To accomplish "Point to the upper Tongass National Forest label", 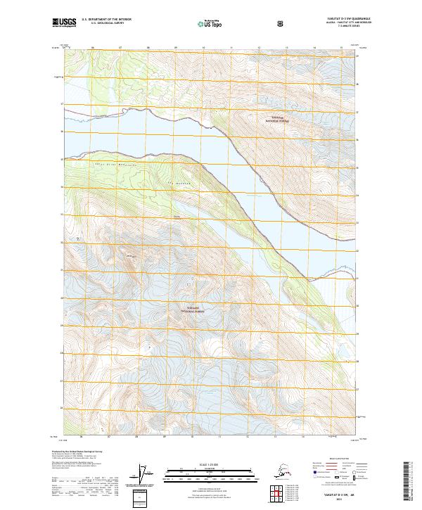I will pos(277,120).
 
